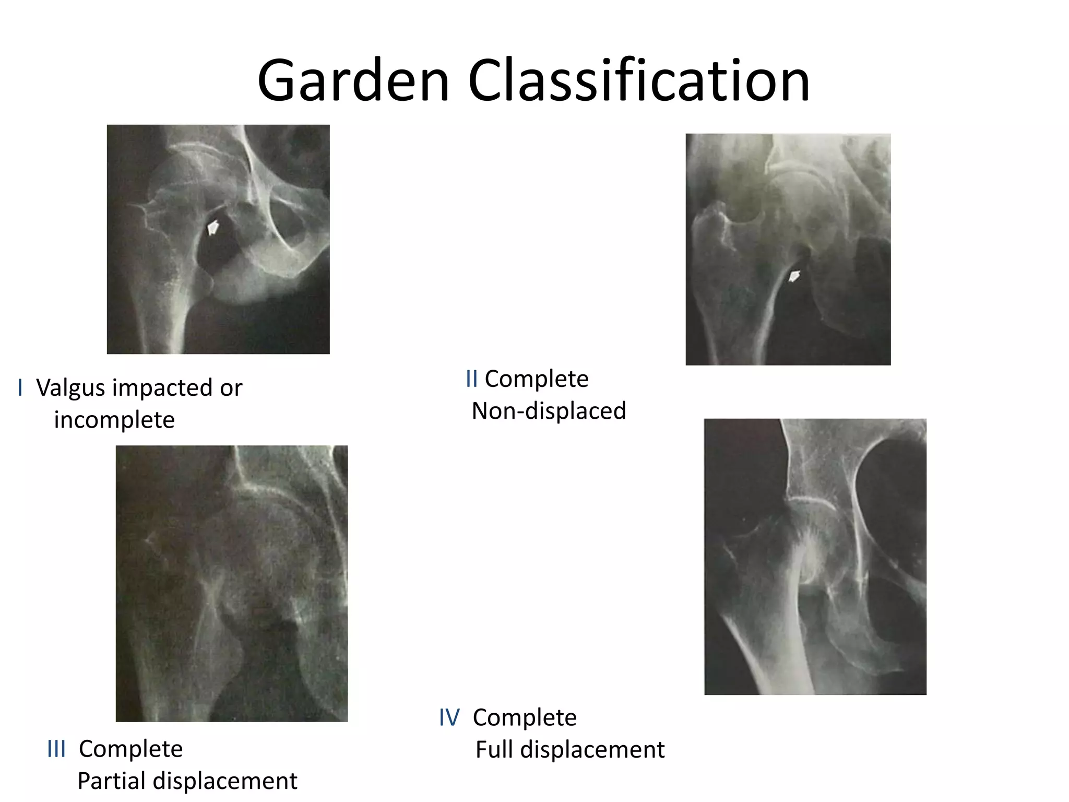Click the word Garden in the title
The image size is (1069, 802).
click(353, 81)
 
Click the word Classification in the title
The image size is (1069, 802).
click(638, 81)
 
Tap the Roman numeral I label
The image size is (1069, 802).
click(20, 388)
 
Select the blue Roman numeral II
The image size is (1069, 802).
click(471, 379)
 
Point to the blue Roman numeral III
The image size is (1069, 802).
click(56, 749)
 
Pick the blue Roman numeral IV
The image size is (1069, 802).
click(449, 717)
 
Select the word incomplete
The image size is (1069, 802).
click(114, 420)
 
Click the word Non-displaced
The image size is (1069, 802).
click(549, 411)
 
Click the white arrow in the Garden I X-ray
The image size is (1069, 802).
click(213, 227)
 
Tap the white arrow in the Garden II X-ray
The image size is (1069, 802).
click(793, 276)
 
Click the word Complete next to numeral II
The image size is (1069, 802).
click(537, 379)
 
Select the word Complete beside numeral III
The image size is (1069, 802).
click(130, 749)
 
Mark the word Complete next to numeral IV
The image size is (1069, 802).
click(525, 717)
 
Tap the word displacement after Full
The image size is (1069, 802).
click(592, 750)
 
